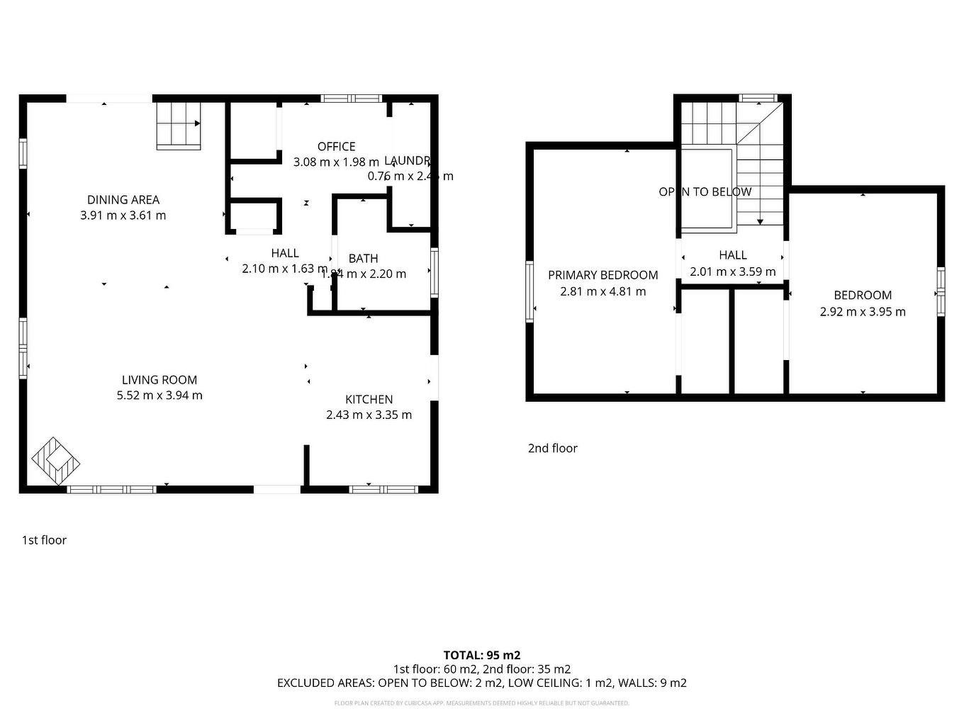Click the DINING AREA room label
123,200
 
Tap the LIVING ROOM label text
159,380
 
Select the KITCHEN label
369,399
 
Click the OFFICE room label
336,147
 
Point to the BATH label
363,259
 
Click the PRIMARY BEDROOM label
602,275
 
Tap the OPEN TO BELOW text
705,192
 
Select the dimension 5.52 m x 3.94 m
159,396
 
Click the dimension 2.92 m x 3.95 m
863,312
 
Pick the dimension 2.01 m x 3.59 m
732,271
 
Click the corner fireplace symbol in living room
55,462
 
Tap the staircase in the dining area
179,125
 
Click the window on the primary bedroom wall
529,291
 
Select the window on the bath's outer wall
435,271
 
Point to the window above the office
351,99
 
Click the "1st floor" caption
44,540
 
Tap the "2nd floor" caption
552,448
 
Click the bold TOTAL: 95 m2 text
481,655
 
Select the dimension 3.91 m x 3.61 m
123,215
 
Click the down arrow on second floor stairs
760,221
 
